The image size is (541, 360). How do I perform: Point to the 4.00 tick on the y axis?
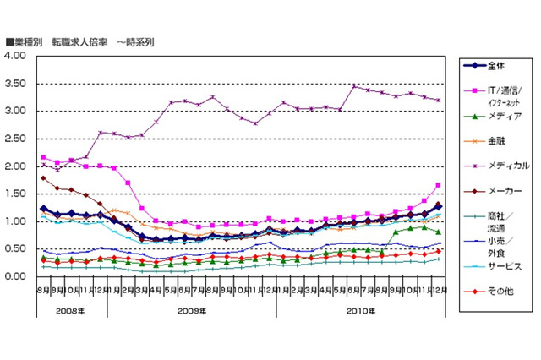tap(17, 56)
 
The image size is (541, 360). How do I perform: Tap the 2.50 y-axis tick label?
tap(17, 139)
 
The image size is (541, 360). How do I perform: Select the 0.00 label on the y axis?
tap(17, 276)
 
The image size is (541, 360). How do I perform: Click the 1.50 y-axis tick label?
tap(17, 194)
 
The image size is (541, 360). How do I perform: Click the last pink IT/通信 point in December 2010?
tap(439, 185)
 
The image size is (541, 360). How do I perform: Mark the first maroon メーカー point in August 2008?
tap(43, 177)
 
